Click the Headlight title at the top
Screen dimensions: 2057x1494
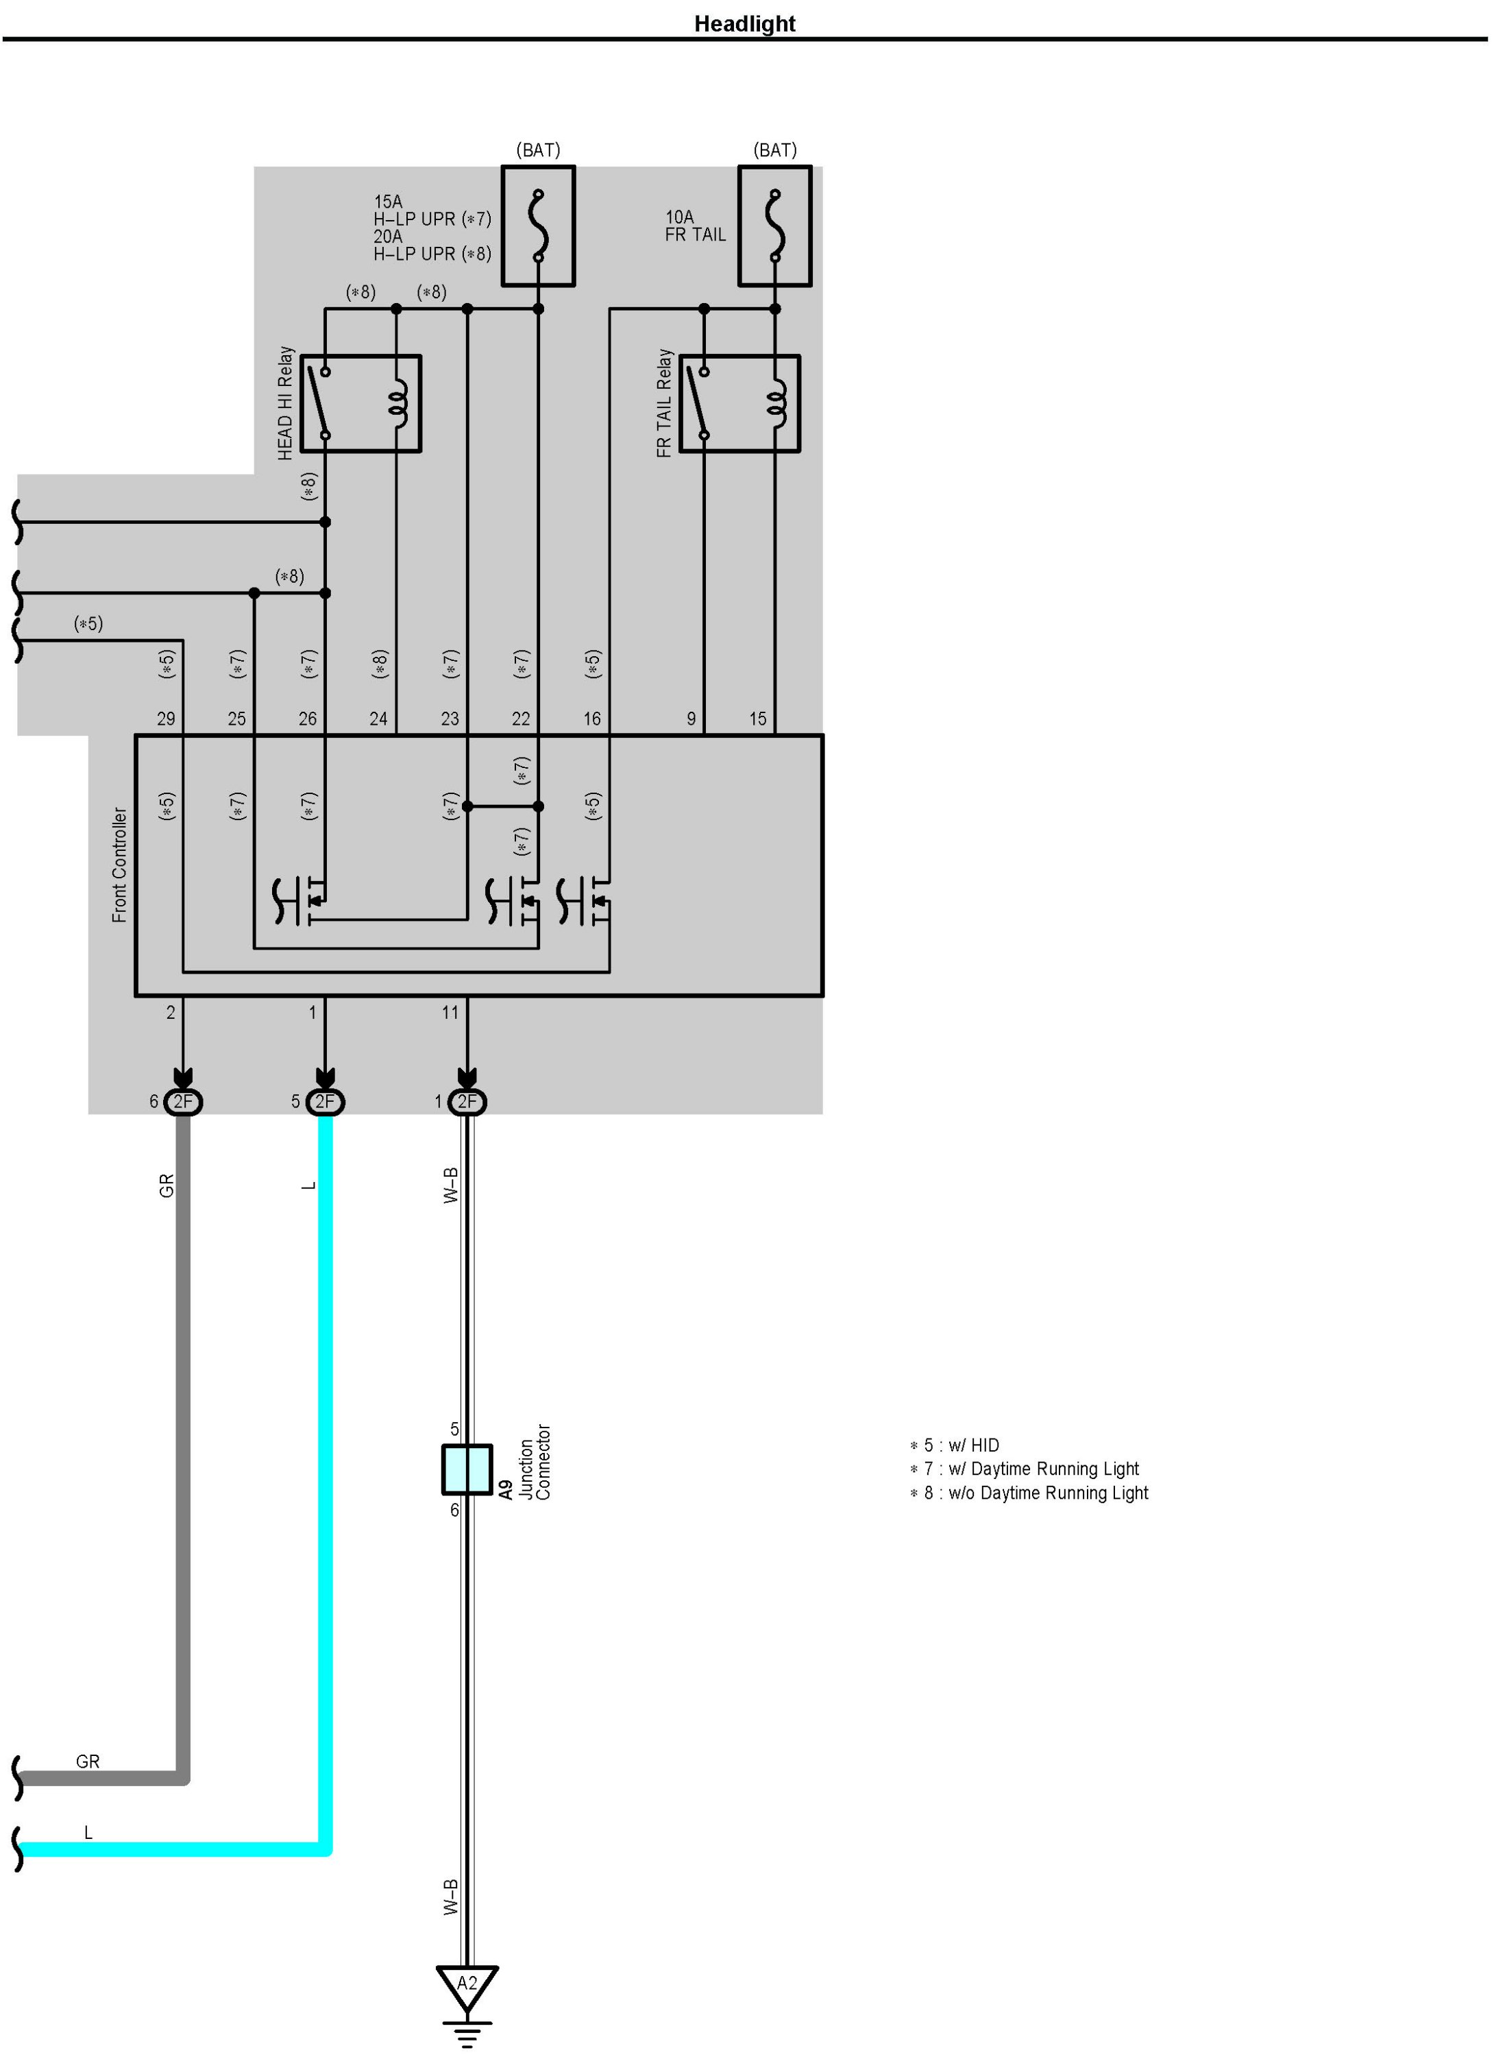pyautogui.click(x=744, y=23)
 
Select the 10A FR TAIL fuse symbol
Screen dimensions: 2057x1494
pyautogui.click(x=774, y=226)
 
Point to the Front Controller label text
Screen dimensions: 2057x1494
pyautogui.click(x=120, y=865)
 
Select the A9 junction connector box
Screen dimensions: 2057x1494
pyautogui.click(x=467, y=1469)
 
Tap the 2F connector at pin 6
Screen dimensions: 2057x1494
pyautogui.click(x=183, y=1102)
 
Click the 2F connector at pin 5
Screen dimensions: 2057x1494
pyautogui.click(x=325, y=1102)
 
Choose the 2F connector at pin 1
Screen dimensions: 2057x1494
pyautogui.click(x=467, y=1102)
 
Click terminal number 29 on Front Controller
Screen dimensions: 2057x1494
pyautogui.click(x=166, y=719)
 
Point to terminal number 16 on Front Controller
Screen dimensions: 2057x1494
pyautogui.click(x=592, y=719)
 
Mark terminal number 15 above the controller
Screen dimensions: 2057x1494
pyautogui.click(x=758, y=719)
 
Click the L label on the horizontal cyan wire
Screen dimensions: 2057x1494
pyautogui.click(x=88, y=1833)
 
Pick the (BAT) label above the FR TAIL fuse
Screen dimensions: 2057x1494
pyautogui.click(x=775, y=149)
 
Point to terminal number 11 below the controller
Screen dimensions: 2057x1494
pyautogui.click(x=450, y=1012)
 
